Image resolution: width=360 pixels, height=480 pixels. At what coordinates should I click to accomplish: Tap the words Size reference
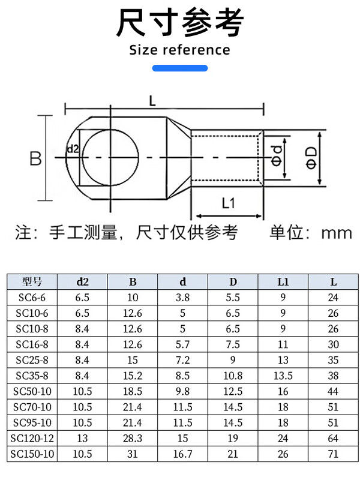point(180,50)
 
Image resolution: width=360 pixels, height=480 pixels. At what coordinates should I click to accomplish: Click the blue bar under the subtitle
point(180,68)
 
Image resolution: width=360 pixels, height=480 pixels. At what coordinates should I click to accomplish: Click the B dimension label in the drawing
point(35,158)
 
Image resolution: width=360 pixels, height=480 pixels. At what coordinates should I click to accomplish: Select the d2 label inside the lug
point(73,149)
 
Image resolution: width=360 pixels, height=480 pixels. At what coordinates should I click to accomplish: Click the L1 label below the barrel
point(228,203)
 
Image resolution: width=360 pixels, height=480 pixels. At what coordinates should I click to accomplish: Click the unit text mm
point(335,232)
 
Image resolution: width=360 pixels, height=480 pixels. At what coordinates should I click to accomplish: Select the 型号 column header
point(32,281)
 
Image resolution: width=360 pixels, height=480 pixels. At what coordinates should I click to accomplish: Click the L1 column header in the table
point(283,281)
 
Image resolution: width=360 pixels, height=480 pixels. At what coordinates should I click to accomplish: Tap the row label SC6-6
point(32,298)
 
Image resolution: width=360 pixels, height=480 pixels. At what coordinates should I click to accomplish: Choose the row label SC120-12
point(32,439)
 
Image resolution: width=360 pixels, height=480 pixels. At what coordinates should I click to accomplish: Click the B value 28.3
point(132,439)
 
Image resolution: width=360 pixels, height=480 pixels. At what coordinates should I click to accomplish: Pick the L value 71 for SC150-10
point(333,454)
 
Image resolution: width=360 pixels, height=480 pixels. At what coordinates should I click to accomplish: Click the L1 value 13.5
point(283,376)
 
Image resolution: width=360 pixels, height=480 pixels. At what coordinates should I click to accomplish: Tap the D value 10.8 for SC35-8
point(233,376)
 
